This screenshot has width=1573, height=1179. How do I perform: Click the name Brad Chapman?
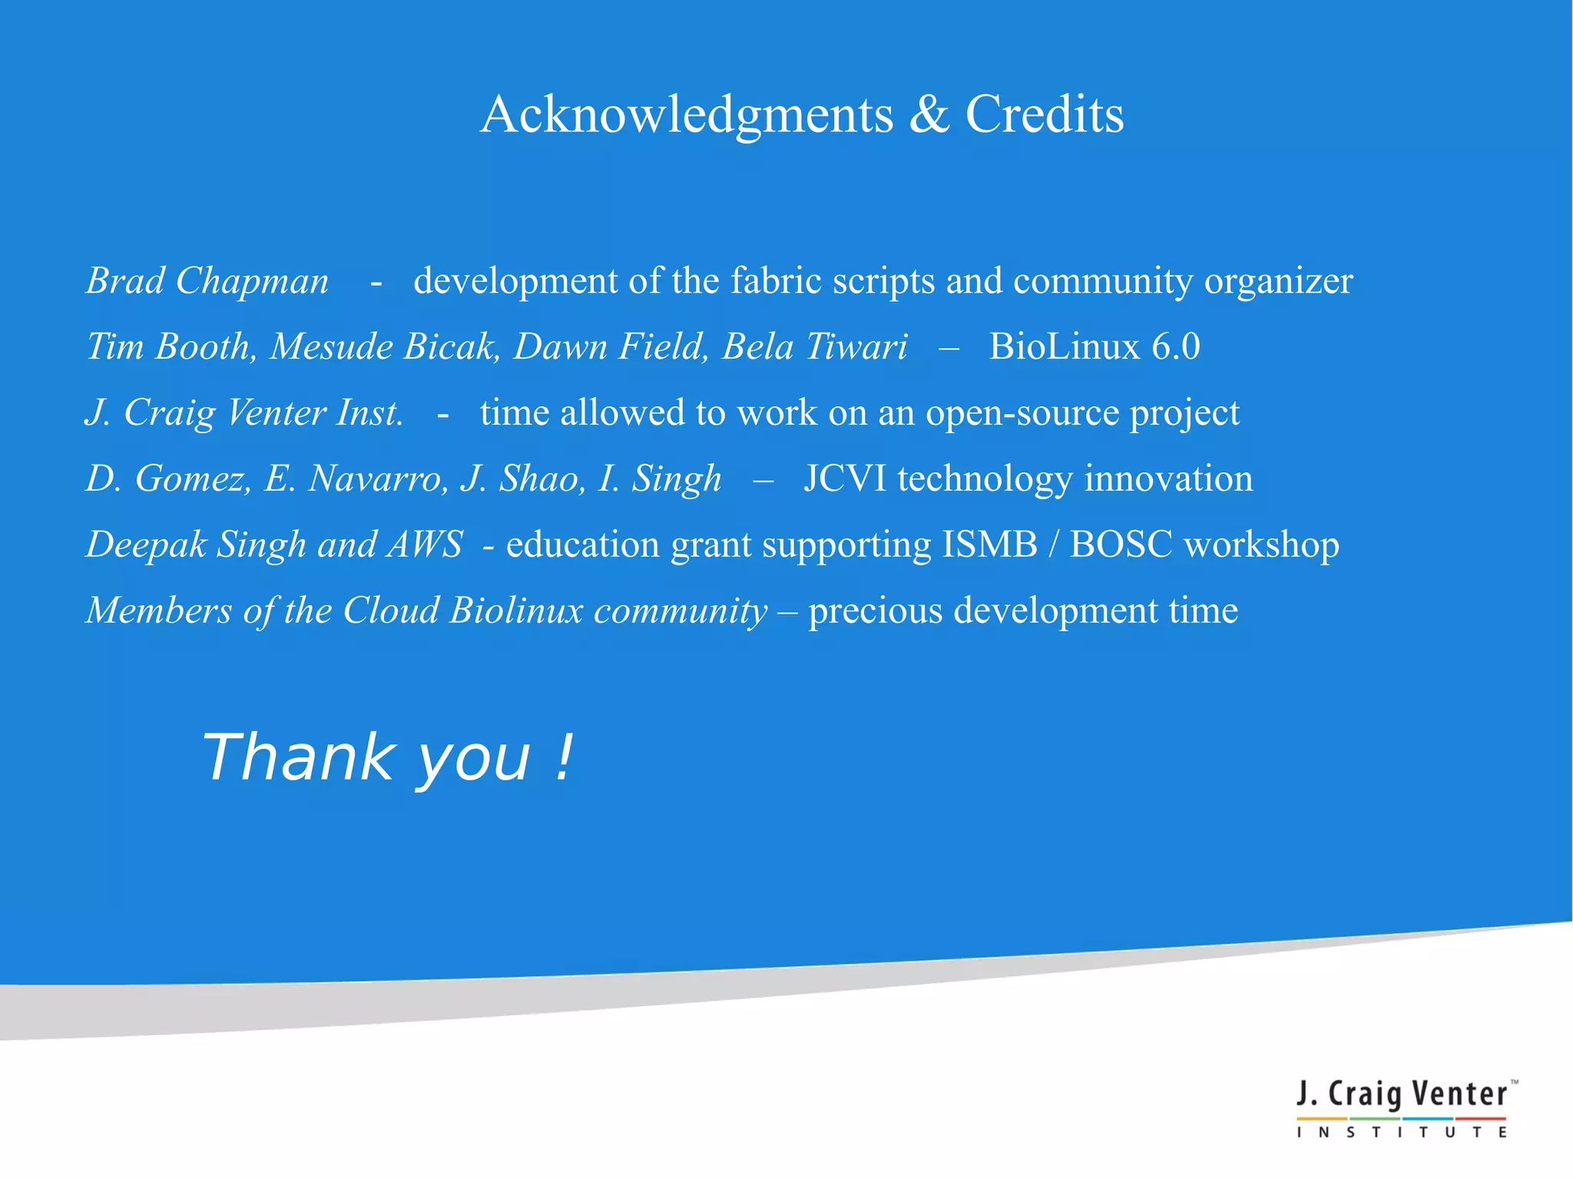tap(207, 281)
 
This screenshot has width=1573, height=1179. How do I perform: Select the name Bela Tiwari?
tap(814, 347)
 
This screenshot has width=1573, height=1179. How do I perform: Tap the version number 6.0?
tap(1176, 347)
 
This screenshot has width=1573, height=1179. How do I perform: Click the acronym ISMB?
tap(989, 545)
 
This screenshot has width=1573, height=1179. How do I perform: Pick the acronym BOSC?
tap(1121, 545)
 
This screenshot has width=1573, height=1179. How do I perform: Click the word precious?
tap(875, 611)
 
